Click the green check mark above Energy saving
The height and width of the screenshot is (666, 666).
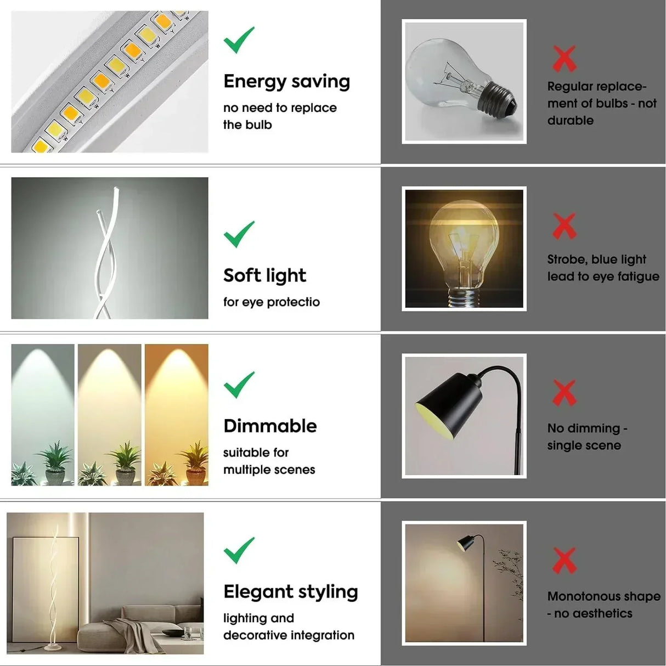(x=239, y=40)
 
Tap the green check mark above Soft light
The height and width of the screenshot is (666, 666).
(x=239, y=234)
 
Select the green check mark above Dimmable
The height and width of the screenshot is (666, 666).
(x=239, y=385)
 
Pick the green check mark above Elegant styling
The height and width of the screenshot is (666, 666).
(x=239, y=551)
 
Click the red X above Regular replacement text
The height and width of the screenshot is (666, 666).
(x=565, y=59)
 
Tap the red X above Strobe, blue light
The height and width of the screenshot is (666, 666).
(x=565, y=227)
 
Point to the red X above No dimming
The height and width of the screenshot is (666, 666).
(x=565, y=393)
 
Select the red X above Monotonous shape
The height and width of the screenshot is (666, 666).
(x=565, y=561)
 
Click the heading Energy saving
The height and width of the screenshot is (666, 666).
(x=287, y=82)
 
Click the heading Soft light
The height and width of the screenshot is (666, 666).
(x=265, y=275)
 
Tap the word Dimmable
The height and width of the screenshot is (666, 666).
(x=270, y=426)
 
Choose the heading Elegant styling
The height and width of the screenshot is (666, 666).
(x=291, y=592)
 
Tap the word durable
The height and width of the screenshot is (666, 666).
(x=570, y=121)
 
